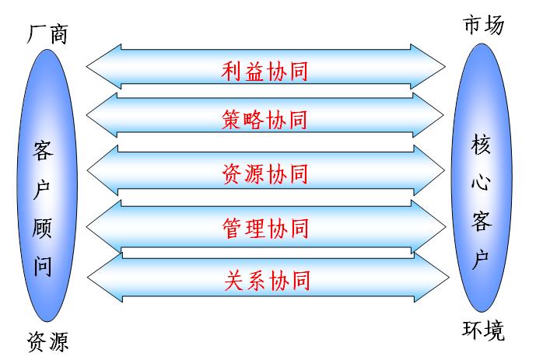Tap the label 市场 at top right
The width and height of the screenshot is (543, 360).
pos(483,24)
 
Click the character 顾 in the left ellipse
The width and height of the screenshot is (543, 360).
pos(44,228)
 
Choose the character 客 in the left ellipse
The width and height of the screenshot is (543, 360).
pos(44,151)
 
